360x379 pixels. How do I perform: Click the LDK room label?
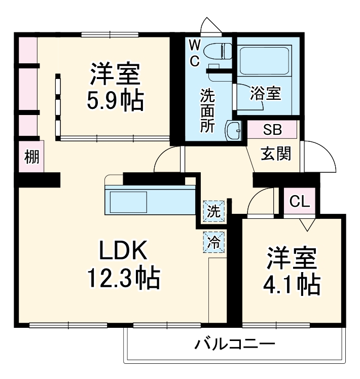pos(123,250)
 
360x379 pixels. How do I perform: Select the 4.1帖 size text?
pos(291,285)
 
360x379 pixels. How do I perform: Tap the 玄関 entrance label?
pos(276,154)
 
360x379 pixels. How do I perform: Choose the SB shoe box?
pos(272,129)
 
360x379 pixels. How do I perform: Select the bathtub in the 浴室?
pos(264,61)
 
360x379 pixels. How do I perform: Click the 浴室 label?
pos(266,93)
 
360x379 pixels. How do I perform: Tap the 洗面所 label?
pos(207,110)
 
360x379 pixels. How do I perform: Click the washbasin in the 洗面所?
pos(235,131)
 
